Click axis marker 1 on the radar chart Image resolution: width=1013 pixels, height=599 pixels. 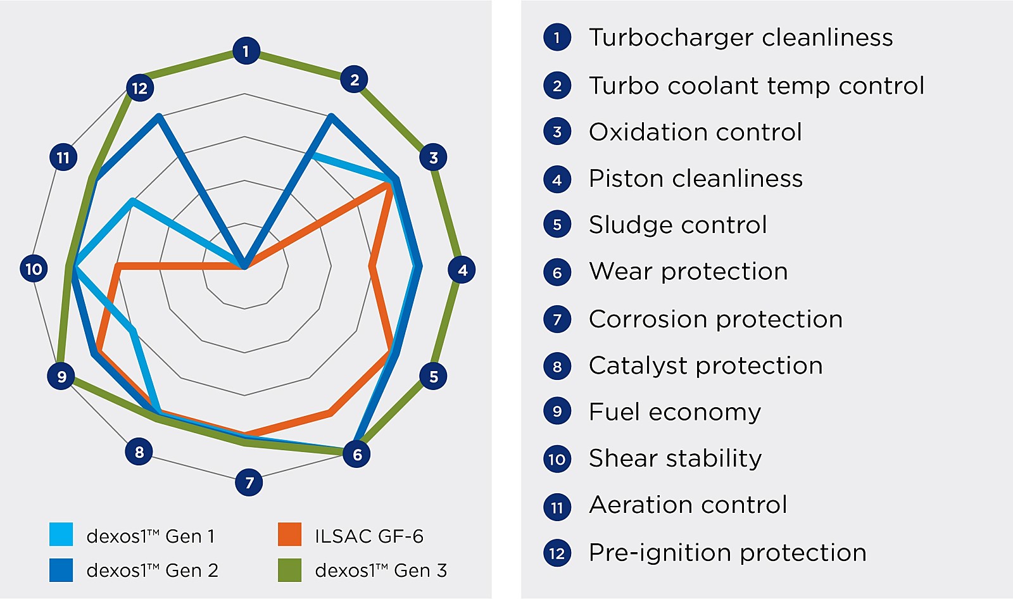pyautogui.click(x=246, y=51)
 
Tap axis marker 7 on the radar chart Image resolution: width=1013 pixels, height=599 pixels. pyautogui.click(x=249, y=482)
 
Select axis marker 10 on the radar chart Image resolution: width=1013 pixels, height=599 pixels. pyautogui.click(x=34, y=268)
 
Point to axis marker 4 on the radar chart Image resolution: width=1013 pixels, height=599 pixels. pyautogui.click(x=462, y=270)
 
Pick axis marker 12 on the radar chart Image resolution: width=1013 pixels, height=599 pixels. pyautogui.click(x=140, y=88)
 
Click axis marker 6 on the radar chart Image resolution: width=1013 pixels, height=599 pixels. pyautogui.click(x=356, y=454)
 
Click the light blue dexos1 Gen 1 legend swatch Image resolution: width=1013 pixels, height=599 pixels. pyautogui.click(x=61, y=534)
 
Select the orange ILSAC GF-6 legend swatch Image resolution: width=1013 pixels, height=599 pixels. pyautogui.click(x=289, y=534)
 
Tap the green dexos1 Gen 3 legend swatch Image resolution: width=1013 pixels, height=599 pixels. pyautogui.click(x=289, y=570)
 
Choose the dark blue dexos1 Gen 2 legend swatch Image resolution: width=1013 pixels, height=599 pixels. pyautogui.click(x=61, y=570)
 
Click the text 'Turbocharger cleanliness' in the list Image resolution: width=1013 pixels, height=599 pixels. pyautogui.click(x=741, y=37)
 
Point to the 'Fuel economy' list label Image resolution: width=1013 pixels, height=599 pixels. pyautogui.click(x=675, y=412)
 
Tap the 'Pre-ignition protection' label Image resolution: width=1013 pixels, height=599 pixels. pyautogui.click(x=727, y=553)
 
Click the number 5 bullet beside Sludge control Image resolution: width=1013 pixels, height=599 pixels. pyautogui.click(x=557, y=224)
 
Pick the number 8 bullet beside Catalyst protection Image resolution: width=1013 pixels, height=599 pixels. pyautogui.click(x=557, y=366)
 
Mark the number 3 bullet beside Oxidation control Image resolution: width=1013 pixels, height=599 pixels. pyautogui.click(x=557, y=131)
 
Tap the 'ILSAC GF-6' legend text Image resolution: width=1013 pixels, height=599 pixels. pyautogui.click(x=369, y=536)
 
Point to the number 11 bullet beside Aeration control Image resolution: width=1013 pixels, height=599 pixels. pyautogui.click(x=557, y=507)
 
